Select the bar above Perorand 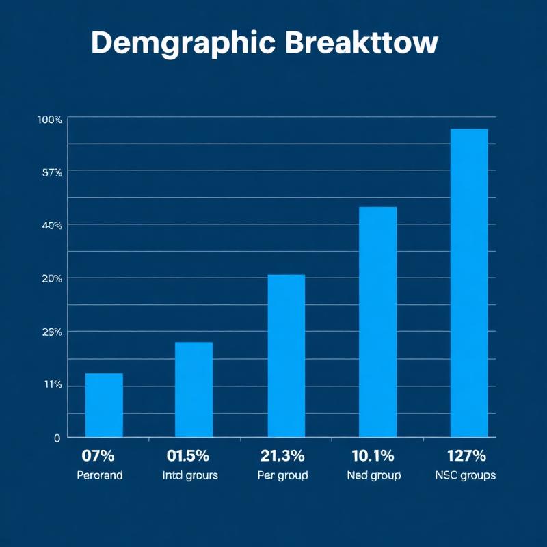[104, 405]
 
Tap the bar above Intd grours [194, 389]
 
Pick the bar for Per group [286, 356]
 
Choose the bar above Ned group [377, 321]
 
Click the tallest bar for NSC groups [469, 282]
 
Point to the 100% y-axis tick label [50, 120]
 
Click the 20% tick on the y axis [52, 278]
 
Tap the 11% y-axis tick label [53, 385]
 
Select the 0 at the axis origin [57, 438]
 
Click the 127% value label [465, 455]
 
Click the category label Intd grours [191, 475]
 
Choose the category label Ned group [374, 475]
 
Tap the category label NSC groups [465, 475]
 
